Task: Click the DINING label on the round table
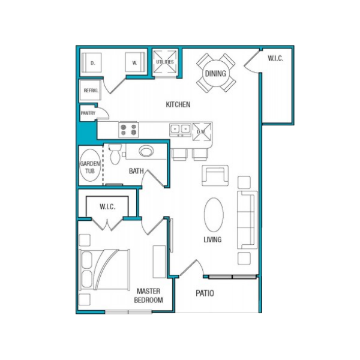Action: (x=215, y=74)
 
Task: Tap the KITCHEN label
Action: (x=178, y=104)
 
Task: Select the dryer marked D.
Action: (x=92, y=62)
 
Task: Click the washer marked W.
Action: (x=135, y=62)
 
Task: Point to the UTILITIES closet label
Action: (x=165, y=62)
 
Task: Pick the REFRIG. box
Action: (x=90, y=90)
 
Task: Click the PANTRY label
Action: (x=88, y=113)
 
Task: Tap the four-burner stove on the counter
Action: (x=128, y=130)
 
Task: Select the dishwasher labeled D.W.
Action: (x=202, y=132)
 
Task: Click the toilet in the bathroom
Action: (x=115, y=154)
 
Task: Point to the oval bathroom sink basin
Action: (x=146, y=152)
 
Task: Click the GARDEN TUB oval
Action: (x=90, y=166)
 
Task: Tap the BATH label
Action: (x=136, y=171)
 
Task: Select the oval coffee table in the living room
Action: (x=214, y=215)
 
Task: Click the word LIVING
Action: (x=212, y=239)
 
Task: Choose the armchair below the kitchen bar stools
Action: (x=215, y=175)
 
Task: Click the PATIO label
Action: (x=205, y=293)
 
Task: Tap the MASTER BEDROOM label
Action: (x=149, y=296)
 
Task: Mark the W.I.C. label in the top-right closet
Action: (x=275, y=58)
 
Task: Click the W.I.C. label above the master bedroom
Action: (x=107, y=206)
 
